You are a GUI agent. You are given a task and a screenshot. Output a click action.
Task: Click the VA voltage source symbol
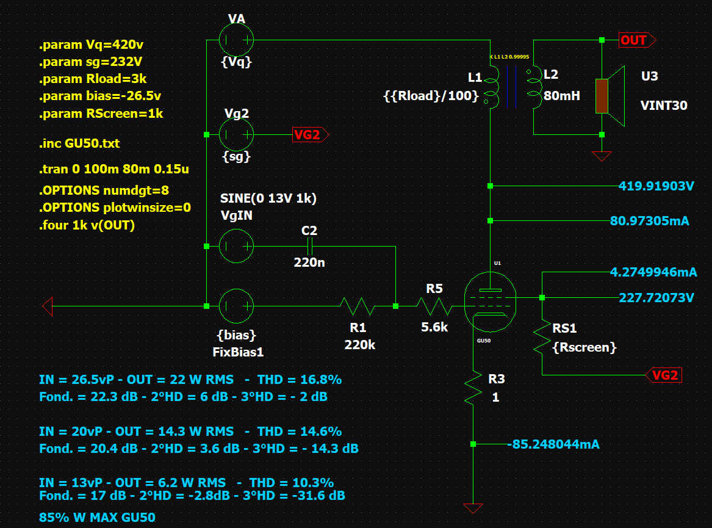click(x=236, y=40)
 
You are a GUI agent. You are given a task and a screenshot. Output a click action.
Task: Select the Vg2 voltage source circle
click(x=236, y=134)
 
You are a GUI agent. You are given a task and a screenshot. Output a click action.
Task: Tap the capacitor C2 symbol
click(x=310, y=246)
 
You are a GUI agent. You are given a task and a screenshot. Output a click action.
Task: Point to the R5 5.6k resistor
click(x=434, y=306)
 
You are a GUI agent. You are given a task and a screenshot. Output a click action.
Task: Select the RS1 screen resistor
click(x=542, y=337)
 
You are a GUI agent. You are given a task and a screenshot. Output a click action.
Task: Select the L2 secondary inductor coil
click(x=534, y=85)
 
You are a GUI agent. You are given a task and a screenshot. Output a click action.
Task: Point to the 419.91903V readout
click(x=656, y=186)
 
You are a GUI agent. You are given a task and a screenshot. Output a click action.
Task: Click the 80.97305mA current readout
click(x=649, y=220)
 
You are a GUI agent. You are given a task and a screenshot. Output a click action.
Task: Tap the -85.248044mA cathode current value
click(x=553, y=444)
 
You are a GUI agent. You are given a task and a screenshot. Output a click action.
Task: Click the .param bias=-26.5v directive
click(x=100, y=96)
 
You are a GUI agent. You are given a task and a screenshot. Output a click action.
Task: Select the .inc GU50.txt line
click(x=79, y=144)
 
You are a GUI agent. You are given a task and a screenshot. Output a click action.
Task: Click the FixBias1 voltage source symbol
click(x=236, y=306)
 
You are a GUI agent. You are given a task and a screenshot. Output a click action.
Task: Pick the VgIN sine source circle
click(x=236, y=246)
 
